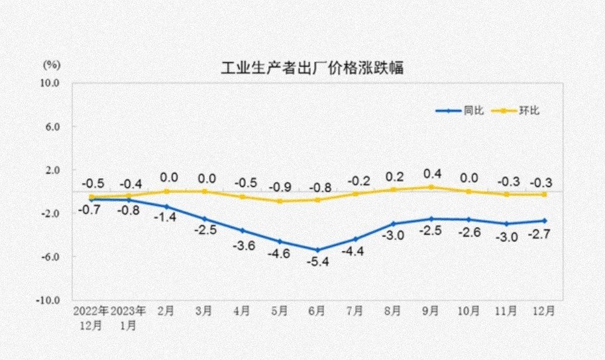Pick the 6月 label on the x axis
(x=317, y=310)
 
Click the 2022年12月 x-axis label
(x=91, y=318)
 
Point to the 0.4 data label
(x=433, y=174)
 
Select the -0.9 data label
(x=280, y=187)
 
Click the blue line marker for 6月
(x=317, y=250)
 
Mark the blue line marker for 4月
(x=242, y=231)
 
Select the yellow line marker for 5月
(x=280, y=201)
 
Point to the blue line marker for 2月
(x=166, y=207)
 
